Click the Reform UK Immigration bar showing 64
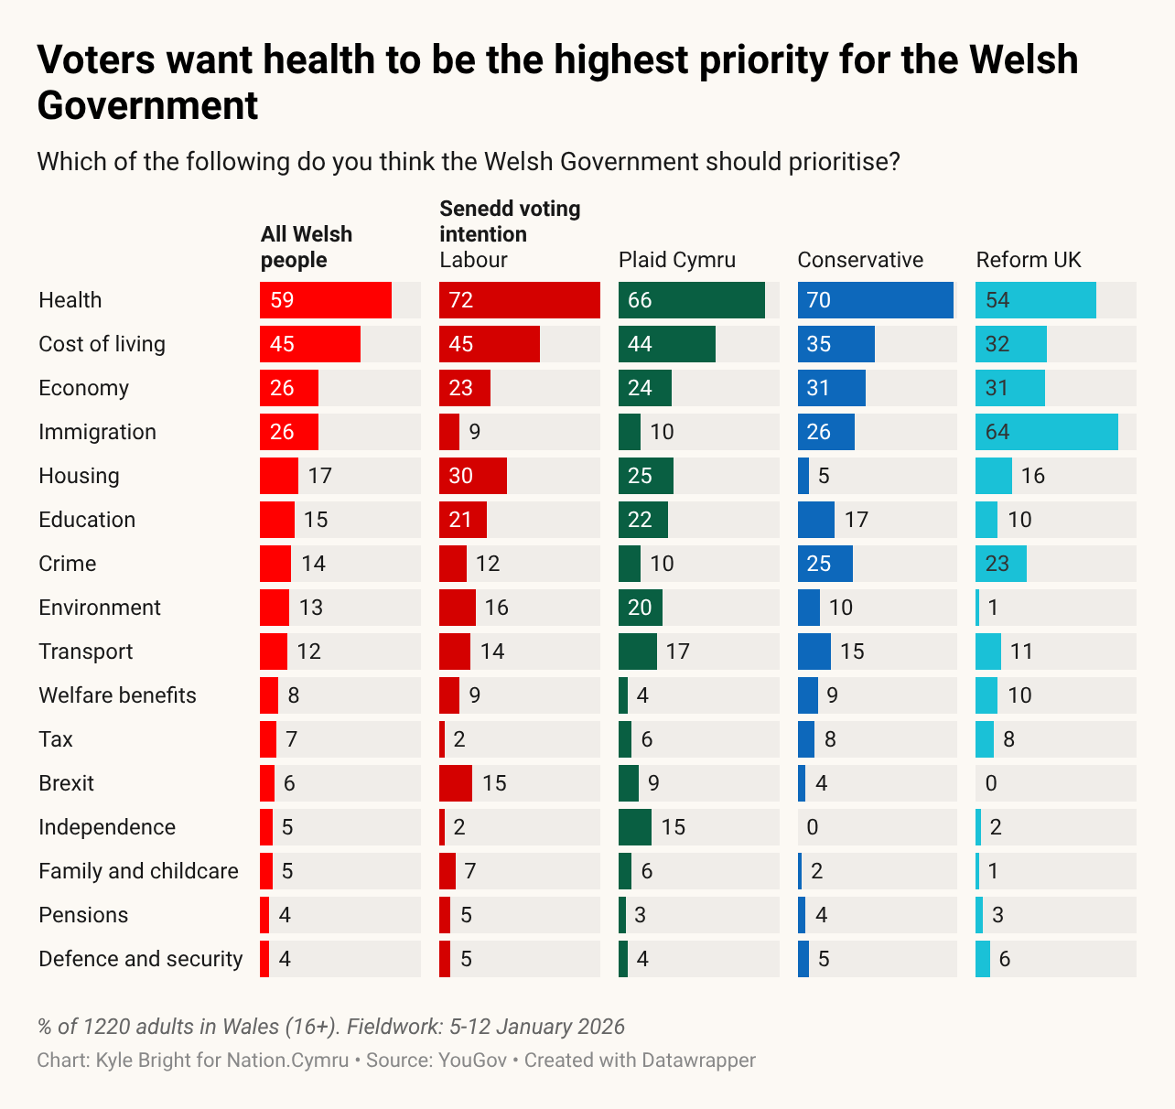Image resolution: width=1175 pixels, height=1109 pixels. click(1047, 432)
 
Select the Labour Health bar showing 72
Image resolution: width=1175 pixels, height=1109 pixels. click(520, 300)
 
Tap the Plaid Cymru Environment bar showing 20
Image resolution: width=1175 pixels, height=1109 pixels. click(641, 608)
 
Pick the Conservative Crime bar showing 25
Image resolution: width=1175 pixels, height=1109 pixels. click(825, 564)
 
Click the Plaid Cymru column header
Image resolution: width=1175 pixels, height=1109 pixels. click(677, 260)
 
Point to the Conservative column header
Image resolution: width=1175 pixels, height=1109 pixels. click(860, 260)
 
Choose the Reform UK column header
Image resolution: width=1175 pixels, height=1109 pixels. click(1029, 260)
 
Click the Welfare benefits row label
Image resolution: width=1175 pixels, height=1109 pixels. click(117, 695)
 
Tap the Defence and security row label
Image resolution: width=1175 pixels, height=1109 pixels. click(141, 959)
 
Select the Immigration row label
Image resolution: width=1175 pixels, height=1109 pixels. click(97, 432)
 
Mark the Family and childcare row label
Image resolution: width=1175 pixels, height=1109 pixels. click(138, 871)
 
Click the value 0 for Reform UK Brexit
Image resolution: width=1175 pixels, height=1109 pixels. click(991, 783)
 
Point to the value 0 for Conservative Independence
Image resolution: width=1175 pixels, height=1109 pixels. click(813, 827)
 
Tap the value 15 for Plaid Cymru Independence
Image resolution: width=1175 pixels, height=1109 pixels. click(673, 827)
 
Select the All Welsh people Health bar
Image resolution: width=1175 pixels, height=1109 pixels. click(326, 300)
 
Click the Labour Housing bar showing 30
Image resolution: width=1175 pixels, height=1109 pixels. click(473, 476)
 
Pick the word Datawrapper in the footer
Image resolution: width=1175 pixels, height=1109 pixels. click(698, 1061)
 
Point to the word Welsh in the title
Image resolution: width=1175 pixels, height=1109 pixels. click(1023, 60)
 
